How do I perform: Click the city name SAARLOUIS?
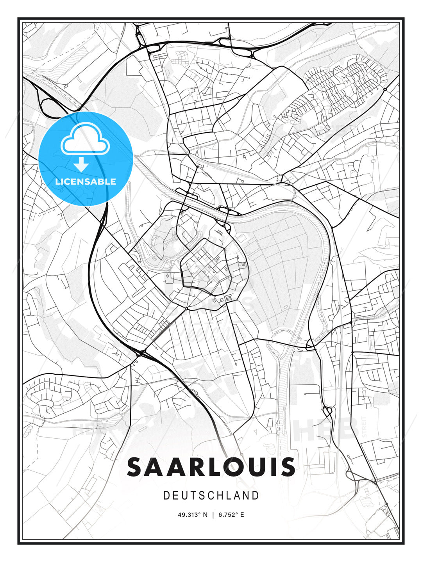[211, 467]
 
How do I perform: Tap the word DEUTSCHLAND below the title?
[211, 496]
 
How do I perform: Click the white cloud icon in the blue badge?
[85, 139]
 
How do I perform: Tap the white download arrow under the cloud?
[81, 165]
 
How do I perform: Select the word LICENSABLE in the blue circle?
[86, 181]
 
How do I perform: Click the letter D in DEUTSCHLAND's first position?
[166, 496]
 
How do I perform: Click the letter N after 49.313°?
[206, 515]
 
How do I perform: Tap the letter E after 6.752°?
[242, 515]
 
